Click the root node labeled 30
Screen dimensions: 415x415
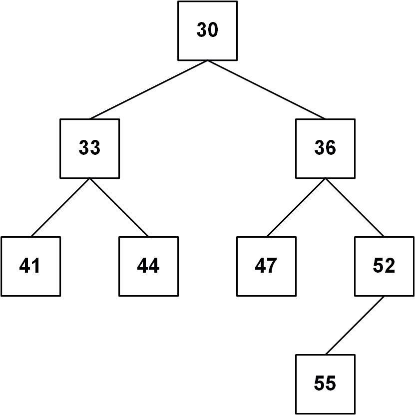208,30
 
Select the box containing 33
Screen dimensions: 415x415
90,148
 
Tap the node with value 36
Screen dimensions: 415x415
325,148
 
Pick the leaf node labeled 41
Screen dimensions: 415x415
30,266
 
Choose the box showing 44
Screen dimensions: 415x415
148,266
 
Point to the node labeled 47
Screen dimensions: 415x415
266,266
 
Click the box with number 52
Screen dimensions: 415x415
385,266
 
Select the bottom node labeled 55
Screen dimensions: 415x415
325,384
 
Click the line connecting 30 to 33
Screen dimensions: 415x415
148,90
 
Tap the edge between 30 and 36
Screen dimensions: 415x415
266,90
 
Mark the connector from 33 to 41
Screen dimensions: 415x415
60,208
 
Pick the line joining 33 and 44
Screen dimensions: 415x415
119,208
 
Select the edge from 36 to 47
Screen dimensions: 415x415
296,208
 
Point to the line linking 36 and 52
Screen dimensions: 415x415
355,208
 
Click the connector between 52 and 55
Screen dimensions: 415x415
355,325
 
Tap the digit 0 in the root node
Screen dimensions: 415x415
213,29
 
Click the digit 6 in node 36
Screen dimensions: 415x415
331,147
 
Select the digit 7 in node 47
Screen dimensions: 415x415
272,265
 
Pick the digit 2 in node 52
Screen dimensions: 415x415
390,265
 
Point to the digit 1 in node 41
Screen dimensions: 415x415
36,265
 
